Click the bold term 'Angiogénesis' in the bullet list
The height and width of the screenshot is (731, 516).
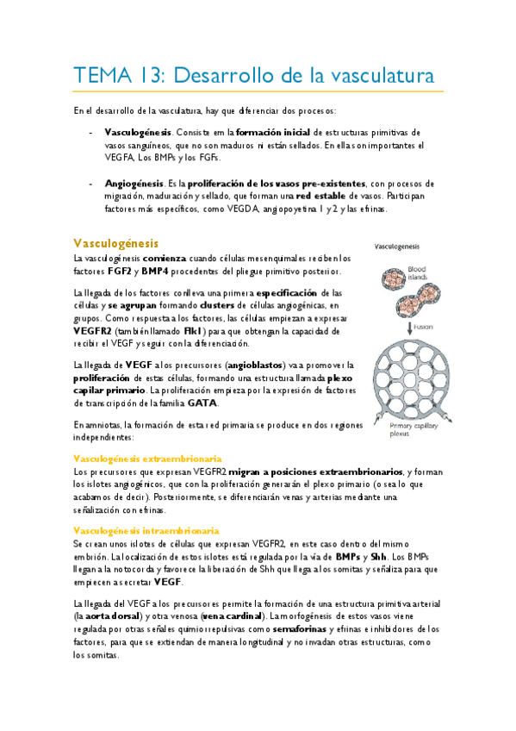[x=134, y=184]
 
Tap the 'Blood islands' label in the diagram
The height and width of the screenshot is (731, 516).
[x=417, y=272]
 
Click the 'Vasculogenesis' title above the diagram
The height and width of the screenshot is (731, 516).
[x=398, y=247]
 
